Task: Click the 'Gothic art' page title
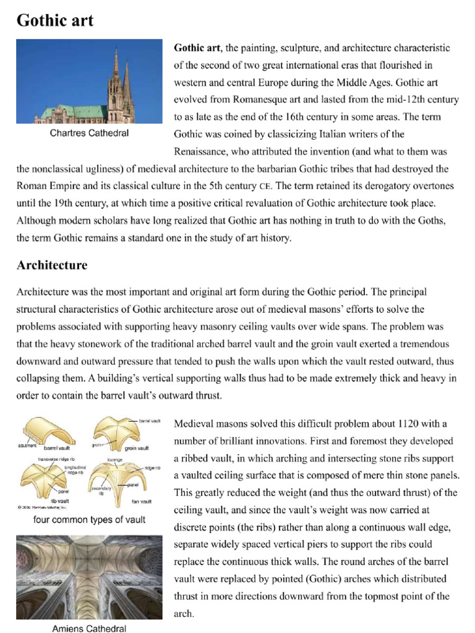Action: [x=55, y=20]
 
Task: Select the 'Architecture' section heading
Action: [x=52, y=265]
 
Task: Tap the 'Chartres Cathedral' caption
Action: [x=89, y=133]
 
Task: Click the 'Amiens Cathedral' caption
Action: [x=89, y=629]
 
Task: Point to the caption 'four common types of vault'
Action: [x=89, y=519]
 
